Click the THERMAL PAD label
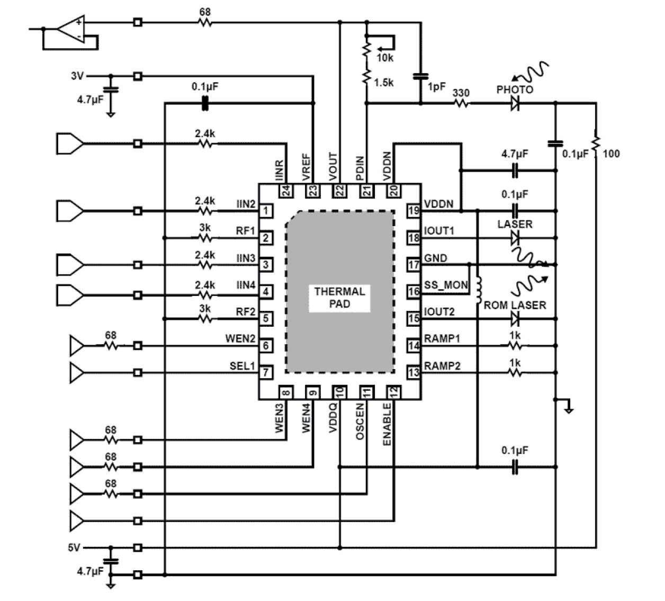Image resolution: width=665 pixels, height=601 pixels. pos(339,298)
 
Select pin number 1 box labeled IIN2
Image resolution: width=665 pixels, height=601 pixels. pos(265,211)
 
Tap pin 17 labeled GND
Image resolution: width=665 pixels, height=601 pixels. pos(414,264)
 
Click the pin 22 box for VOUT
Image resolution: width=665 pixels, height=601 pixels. pos(339,191)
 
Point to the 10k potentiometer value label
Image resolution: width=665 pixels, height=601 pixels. pos(385,58)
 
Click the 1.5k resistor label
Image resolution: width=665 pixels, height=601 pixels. pos(383,83)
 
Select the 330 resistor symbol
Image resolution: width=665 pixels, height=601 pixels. pos(461,104)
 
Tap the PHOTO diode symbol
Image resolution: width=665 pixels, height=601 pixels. pos(515,104)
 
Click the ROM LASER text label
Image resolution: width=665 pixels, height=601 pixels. pos(515,305)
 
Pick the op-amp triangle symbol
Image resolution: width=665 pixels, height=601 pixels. pos(71,29)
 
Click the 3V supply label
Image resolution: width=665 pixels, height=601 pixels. pos(77,76)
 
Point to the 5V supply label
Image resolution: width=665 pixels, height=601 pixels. pos(74,548)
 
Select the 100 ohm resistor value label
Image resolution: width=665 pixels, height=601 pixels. pos(611,154)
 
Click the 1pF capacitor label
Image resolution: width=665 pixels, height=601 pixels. pos(436,86)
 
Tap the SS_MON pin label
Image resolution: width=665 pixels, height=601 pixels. pos(446,285)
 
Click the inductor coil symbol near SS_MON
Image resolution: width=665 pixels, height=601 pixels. pos(479,289)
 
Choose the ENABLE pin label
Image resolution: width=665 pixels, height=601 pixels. pos(387,424)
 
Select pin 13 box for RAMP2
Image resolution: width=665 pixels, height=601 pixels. pos(414,372)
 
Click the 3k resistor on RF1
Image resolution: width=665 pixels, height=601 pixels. pos(205,238)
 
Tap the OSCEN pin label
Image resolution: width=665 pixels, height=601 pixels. pos(360,423)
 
